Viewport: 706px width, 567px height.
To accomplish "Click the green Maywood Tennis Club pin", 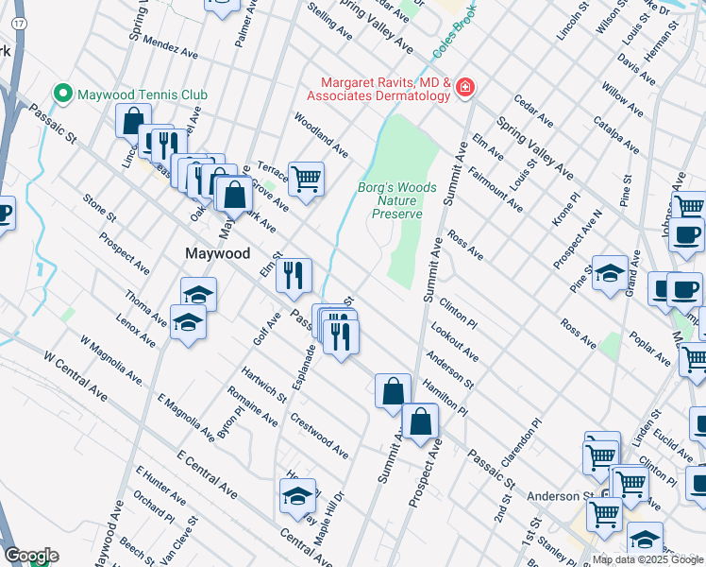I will (x=64, y=94).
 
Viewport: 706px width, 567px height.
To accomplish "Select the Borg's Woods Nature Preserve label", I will (x=396, y=200).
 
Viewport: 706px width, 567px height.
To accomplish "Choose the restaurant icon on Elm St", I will (x=294, y=275).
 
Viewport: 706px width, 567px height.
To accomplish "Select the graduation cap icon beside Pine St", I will (x=610, y=272).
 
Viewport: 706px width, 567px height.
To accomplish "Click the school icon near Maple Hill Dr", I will (x=298, y=494).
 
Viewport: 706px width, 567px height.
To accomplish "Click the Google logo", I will (x=30, y=556).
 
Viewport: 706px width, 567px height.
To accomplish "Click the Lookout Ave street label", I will (x=454, y=342).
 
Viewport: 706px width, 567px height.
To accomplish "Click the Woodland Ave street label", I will (x=321, y=136).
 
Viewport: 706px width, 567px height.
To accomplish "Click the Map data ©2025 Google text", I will (x=647, y=559).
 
